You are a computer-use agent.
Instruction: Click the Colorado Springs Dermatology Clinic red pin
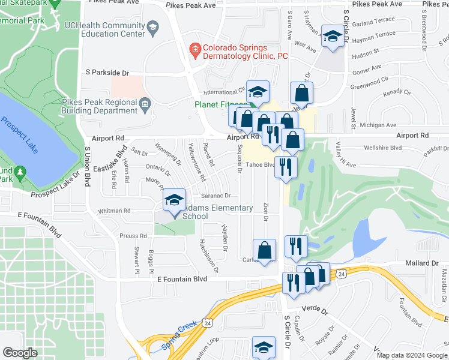[194, 48]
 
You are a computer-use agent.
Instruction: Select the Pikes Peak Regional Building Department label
[100, 106]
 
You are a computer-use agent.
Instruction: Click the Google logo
[20, 352]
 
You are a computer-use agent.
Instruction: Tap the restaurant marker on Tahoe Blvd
[286, 166]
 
